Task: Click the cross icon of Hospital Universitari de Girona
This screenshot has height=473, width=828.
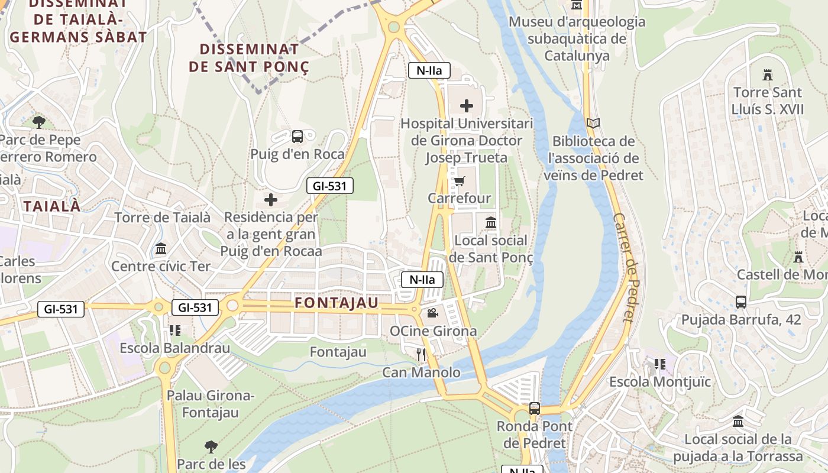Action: (467, 106)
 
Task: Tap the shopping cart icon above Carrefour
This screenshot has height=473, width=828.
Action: (460, 181)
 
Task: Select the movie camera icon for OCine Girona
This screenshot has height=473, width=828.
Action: (432, 313)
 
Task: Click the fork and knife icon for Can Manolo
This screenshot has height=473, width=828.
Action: (421, 355)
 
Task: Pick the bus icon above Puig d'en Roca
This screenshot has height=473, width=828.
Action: (297, 137)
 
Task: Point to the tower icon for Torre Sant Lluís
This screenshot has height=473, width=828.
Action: (768, 75)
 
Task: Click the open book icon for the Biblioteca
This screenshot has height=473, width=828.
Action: (593, 124)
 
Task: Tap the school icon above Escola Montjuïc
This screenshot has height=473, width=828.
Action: (660, 364)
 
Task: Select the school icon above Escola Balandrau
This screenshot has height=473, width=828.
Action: (175, 330)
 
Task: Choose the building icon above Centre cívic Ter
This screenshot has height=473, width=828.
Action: (161, 249)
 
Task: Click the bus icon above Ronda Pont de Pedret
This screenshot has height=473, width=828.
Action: (535, 408)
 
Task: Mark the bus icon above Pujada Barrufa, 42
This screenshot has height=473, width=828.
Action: (741, 302)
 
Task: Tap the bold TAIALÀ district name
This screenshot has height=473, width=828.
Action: (52, 206)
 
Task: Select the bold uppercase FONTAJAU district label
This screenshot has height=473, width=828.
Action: (337, 303)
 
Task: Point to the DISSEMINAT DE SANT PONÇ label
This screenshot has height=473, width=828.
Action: (249, 58)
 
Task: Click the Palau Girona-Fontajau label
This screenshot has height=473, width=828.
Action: (211, 404)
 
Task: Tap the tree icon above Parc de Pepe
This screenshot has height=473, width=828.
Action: (39, 122)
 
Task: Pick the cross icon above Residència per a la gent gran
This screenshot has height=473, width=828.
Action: (271, 200)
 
